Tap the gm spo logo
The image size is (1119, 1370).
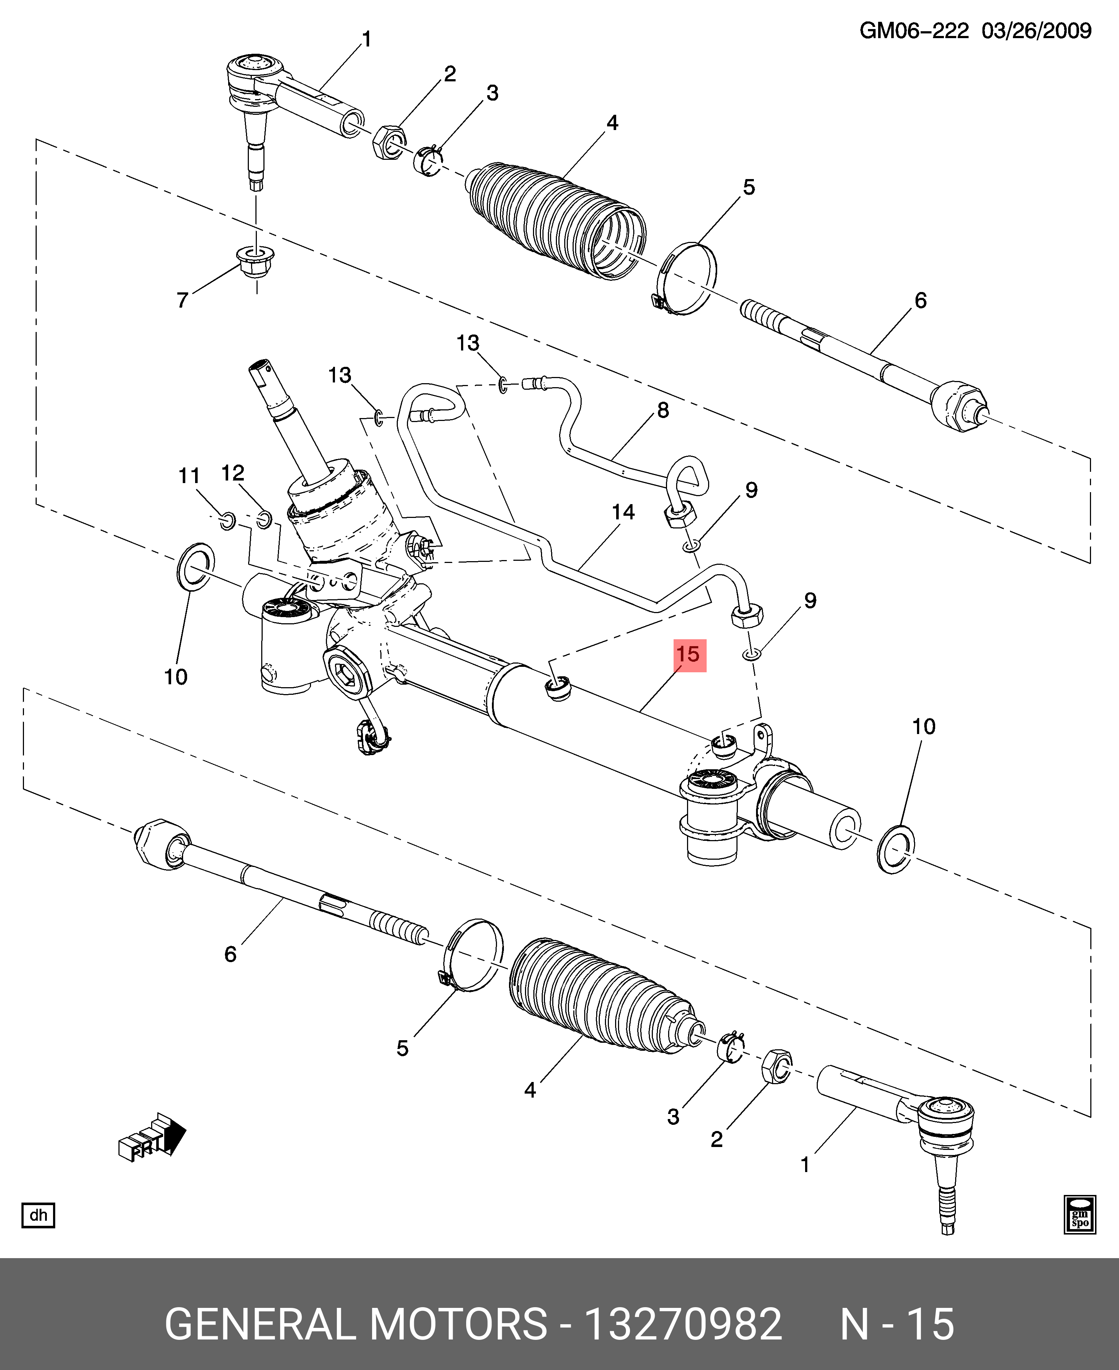1080,1215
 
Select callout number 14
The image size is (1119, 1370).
623,512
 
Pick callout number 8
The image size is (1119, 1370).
663,410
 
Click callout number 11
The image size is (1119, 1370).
189,475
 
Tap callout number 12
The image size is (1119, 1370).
233,473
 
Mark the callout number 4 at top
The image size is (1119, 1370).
612,122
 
